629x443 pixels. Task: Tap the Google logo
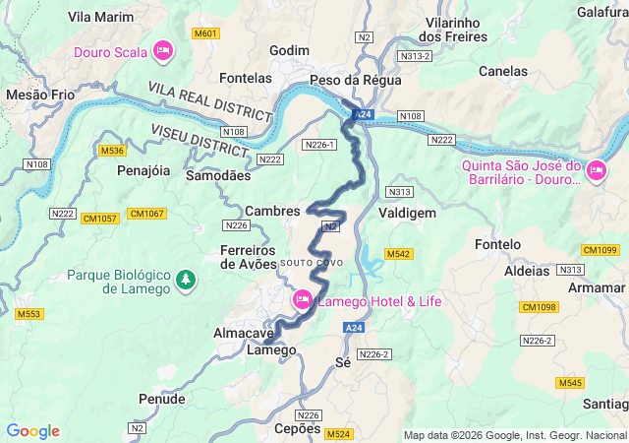(32, 431)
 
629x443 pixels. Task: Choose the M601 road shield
(205, 33)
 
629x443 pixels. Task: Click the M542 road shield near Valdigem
(397, 254)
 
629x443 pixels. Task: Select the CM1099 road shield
(600, 250)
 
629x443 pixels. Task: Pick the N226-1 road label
(320, 145)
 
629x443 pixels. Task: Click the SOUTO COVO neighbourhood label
(312, 263)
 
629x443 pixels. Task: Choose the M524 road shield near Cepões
(338, 434)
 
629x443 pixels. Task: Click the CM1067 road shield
(146, 214)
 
